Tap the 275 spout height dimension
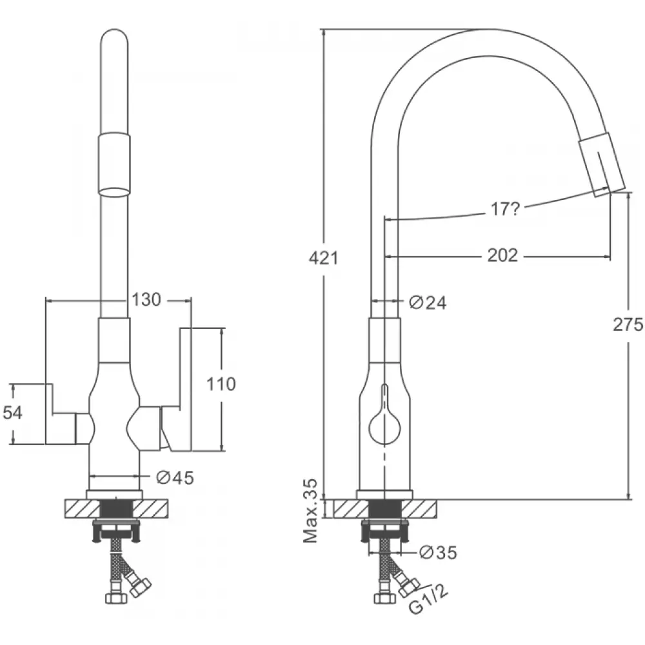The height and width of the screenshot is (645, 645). [630, 324]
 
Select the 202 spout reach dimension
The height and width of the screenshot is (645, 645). [502, 255]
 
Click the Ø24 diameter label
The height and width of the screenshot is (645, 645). [427, 301]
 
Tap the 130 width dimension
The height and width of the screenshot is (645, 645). [146, 299]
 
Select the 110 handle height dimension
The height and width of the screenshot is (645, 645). [221, 384]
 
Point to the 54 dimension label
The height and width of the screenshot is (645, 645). [13, 413]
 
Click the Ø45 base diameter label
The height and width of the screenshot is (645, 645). [175, 477]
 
